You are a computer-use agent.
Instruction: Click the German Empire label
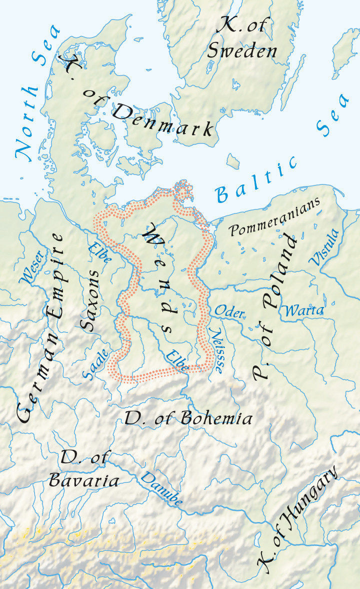42,327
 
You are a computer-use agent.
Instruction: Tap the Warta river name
303,310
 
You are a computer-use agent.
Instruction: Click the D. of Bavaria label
83,469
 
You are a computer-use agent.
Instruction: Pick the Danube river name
161,487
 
